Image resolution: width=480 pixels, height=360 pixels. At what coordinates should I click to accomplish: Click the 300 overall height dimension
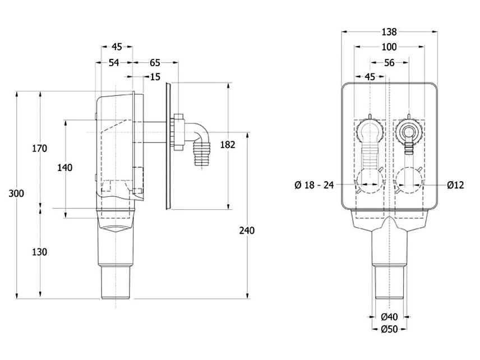tap(16, 193)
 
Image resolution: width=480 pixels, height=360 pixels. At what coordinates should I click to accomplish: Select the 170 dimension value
tap(40, 149)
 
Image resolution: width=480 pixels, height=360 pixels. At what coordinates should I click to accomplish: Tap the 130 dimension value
tap(40, 252)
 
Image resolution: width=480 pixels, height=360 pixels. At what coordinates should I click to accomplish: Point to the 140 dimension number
tap(65, 168)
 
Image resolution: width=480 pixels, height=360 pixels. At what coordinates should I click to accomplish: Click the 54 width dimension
tap(114, 63)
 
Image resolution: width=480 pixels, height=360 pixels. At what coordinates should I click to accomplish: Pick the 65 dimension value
tap(155, 63)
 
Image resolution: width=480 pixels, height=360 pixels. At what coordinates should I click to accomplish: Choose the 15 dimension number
tap(155, 76)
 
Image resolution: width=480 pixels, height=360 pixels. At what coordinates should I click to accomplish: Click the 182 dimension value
tap(228, 145)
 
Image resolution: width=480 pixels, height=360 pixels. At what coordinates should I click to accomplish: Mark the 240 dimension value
tap(247, 230)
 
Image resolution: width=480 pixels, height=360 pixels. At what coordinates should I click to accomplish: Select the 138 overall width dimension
tap(389, 32)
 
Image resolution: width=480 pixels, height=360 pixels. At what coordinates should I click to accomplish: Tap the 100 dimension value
tap(389, 47)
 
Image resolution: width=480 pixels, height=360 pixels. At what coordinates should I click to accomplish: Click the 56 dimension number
tap(389, 63)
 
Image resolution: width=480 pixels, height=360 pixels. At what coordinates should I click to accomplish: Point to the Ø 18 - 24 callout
tap(314, 185)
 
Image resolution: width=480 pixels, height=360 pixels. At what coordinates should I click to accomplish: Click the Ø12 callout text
tap(455, 185)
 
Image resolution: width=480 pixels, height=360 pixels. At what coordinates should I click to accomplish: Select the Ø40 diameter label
tap(389, 316)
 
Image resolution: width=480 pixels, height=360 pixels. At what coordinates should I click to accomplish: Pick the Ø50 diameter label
tap(389, 329)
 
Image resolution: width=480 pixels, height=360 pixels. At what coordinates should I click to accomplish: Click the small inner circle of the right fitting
tap(408, 132)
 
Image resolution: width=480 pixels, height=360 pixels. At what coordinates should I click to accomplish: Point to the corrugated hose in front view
tap(370, 157)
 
